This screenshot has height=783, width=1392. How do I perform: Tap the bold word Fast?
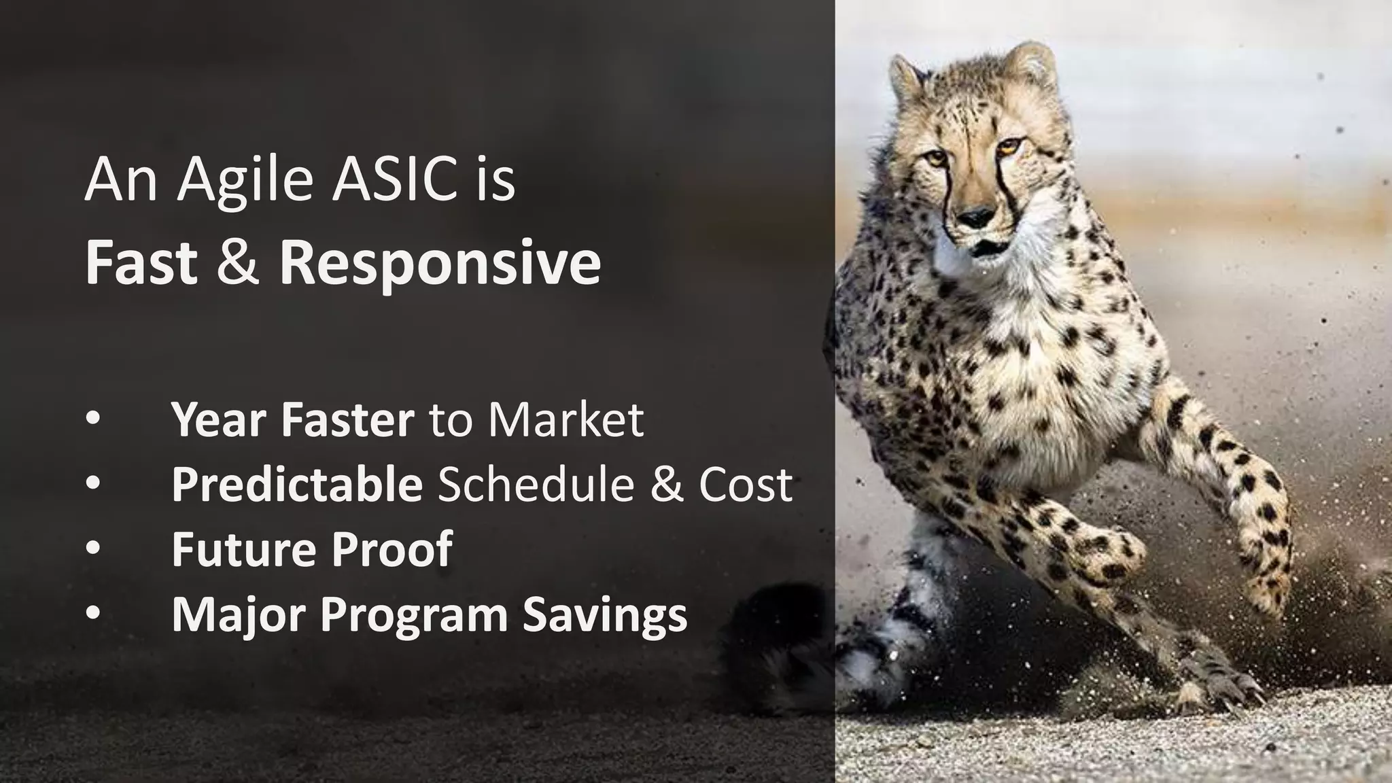click(x=141, y=263)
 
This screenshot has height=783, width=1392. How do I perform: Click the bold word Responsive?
click(x=440, y=263)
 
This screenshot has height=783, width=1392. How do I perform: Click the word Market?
click(x=565, y=419)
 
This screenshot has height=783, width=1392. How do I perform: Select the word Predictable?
click(x=297, y=484)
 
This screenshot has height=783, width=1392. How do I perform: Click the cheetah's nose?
click(x=977, y=217)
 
